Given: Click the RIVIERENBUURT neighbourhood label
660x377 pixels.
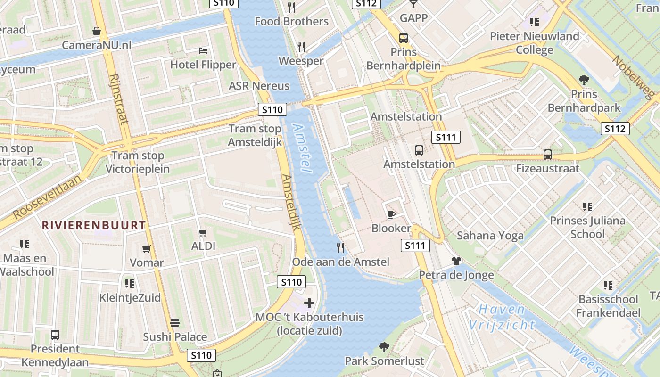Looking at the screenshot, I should (x=94, y=225).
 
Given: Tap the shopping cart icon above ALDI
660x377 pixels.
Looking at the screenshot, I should (x=203, y=232).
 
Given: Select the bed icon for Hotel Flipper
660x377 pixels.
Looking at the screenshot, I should (x=203, y=50).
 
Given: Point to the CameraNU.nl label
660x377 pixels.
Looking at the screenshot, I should (x=97, y=45).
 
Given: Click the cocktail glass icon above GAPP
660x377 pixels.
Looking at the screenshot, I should (x=413, y=4).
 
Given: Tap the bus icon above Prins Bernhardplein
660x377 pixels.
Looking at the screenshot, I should (x=404, y=38).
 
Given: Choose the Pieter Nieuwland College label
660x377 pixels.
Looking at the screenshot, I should (x=534, y=43).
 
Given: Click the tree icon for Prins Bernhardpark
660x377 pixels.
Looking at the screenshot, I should (x=584, y=80).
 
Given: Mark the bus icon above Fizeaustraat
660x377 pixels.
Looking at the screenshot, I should (x=548, y=154).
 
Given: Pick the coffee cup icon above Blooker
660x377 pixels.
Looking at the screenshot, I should (x=391, y=214).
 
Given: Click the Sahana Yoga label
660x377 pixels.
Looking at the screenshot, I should (x=490, y=236).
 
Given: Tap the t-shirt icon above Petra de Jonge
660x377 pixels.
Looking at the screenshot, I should (x=456, y=261).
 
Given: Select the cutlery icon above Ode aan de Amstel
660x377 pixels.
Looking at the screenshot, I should (x=340, y=247).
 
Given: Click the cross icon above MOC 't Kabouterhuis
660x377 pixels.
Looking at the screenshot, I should (x=309, y=303).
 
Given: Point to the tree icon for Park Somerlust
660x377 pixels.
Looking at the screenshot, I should (x=384, y=347).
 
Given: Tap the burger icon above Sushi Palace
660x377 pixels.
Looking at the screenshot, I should (x=175, y=323).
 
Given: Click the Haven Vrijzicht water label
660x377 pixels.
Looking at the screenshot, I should (x=502, y=317).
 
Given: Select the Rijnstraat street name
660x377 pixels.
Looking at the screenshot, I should (x=118, y=98).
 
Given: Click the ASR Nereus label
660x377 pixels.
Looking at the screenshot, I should (x=259, y=86).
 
